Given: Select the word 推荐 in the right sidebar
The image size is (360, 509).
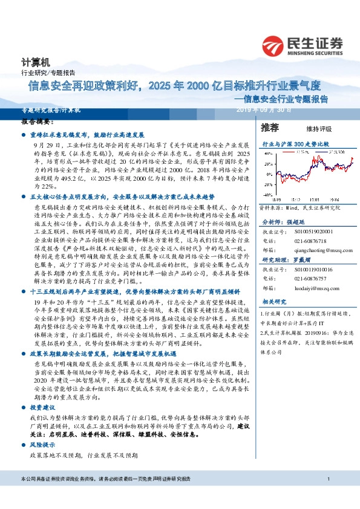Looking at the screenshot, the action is [x=269, y=128].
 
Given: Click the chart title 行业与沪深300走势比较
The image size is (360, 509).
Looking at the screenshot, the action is [x=295, y=146].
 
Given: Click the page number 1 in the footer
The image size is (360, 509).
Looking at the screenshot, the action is [x=327, y=496].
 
